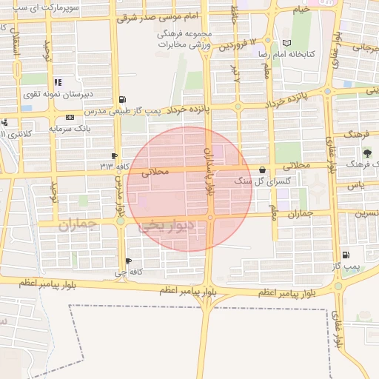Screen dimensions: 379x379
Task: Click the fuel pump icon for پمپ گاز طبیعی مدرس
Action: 122,99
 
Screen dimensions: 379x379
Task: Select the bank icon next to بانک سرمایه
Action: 70,117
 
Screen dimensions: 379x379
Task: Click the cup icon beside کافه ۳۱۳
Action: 113,155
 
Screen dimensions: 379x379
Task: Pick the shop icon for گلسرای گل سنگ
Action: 263,170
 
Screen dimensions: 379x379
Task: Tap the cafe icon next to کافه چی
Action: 130,261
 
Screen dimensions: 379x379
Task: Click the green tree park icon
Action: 368,152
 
